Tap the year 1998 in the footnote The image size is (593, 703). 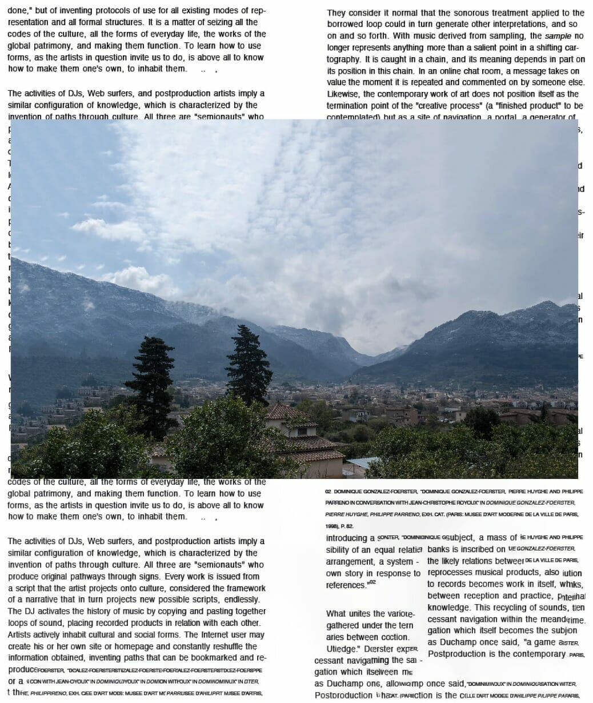[x=332, y=526]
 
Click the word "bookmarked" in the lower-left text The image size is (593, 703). [x=213, y=658]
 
